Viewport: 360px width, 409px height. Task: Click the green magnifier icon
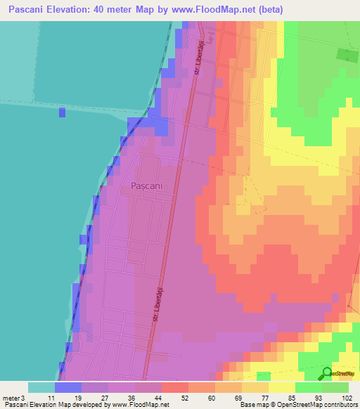(327, 373)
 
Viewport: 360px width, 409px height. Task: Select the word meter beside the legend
(11, 397)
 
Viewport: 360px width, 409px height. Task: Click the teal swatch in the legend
(41, 387)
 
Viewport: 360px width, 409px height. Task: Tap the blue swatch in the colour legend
(68, 387)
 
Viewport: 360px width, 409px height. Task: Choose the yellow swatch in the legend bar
(282, 387)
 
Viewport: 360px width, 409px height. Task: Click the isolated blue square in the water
(62, 112)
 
